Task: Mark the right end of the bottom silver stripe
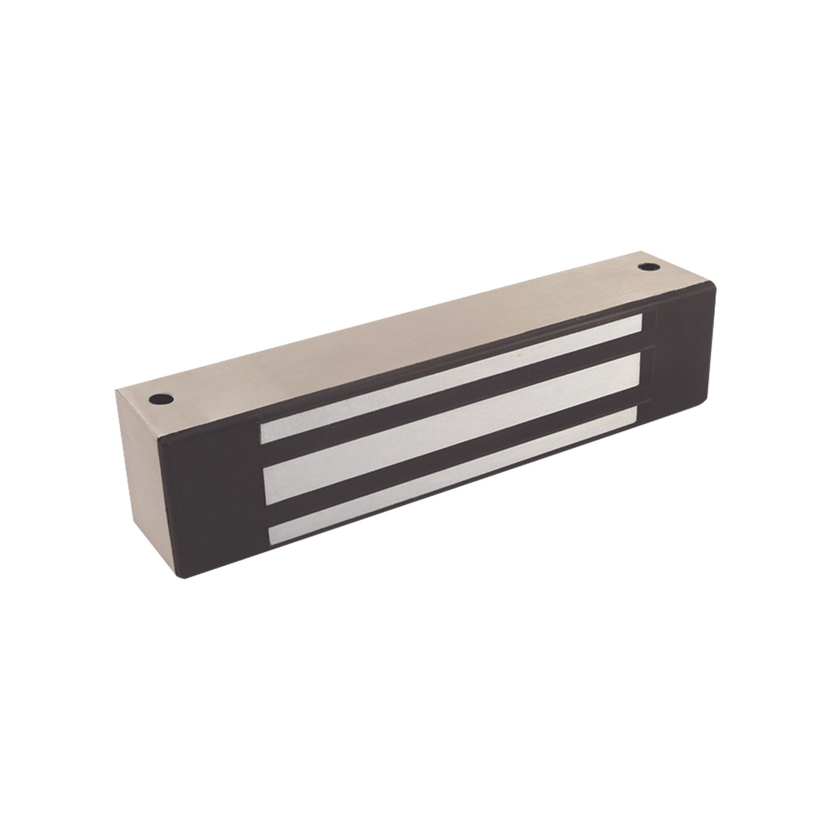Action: (635, 415)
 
